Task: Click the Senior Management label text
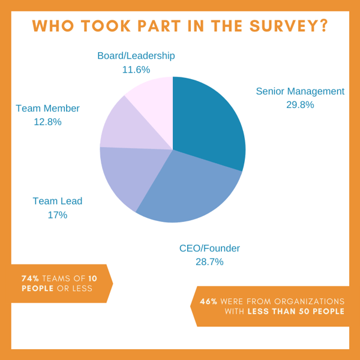click(300, 92)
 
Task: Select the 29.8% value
click(300, 105)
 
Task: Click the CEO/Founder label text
click(209, 248)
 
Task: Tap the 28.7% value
click(209, 262)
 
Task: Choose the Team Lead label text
click(57, 202)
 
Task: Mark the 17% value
click(57, 215)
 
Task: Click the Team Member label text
click(47, 109)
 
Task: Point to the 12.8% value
click(47, 122)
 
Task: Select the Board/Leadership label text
click(136, 56)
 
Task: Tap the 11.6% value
click(136, 70)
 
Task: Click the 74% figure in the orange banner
click(31, 278)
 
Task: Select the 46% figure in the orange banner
click(209, 301)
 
